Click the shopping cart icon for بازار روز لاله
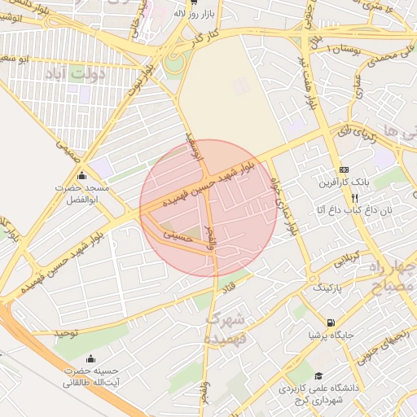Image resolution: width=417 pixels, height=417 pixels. click(193, 4)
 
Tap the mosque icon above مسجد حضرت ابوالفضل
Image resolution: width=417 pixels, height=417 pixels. click(81, 176)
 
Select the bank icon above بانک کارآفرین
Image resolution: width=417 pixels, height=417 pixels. click(343, 169)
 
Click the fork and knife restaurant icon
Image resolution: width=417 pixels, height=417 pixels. click(354, 197)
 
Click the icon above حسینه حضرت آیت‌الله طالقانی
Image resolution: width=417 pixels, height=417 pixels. click(90, 359)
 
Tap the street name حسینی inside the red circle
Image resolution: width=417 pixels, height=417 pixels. click(177, 234)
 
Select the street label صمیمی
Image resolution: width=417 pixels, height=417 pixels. click(68, 149)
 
